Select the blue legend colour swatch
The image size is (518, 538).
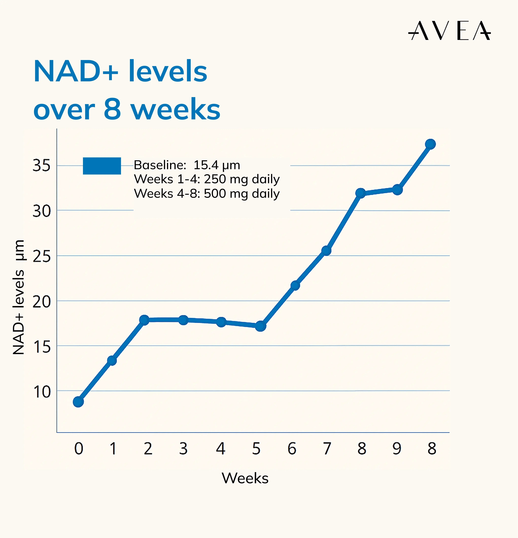[x=102, y=166]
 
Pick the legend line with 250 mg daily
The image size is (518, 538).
[x=206, y=179]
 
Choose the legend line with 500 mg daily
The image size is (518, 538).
[x=206, y=194]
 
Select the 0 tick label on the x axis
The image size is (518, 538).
[x=79, y=449]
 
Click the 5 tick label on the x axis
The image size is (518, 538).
[x=256, y=449]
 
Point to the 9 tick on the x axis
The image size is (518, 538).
[x=397, y=449]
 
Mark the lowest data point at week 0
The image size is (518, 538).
[x=78, y=402]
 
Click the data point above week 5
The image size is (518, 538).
[x=260, y=326]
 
